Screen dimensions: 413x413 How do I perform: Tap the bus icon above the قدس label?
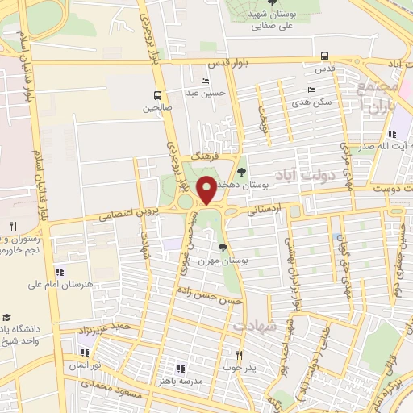(x=324, y=56)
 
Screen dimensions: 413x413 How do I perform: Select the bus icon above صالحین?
(x=157, y=94)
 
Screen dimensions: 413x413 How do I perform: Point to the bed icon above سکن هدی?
(x=311, y=90)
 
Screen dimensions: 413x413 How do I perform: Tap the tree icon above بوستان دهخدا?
(x=241, y=171)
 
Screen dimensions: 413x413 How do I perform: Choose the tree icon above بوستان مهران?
(x=223, y=248)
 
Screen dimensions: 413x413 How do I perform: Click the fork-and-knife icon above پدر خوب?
(x=239, y=354)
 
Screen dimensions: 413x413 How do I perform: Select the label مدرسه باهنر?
(x=193, y=379)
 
